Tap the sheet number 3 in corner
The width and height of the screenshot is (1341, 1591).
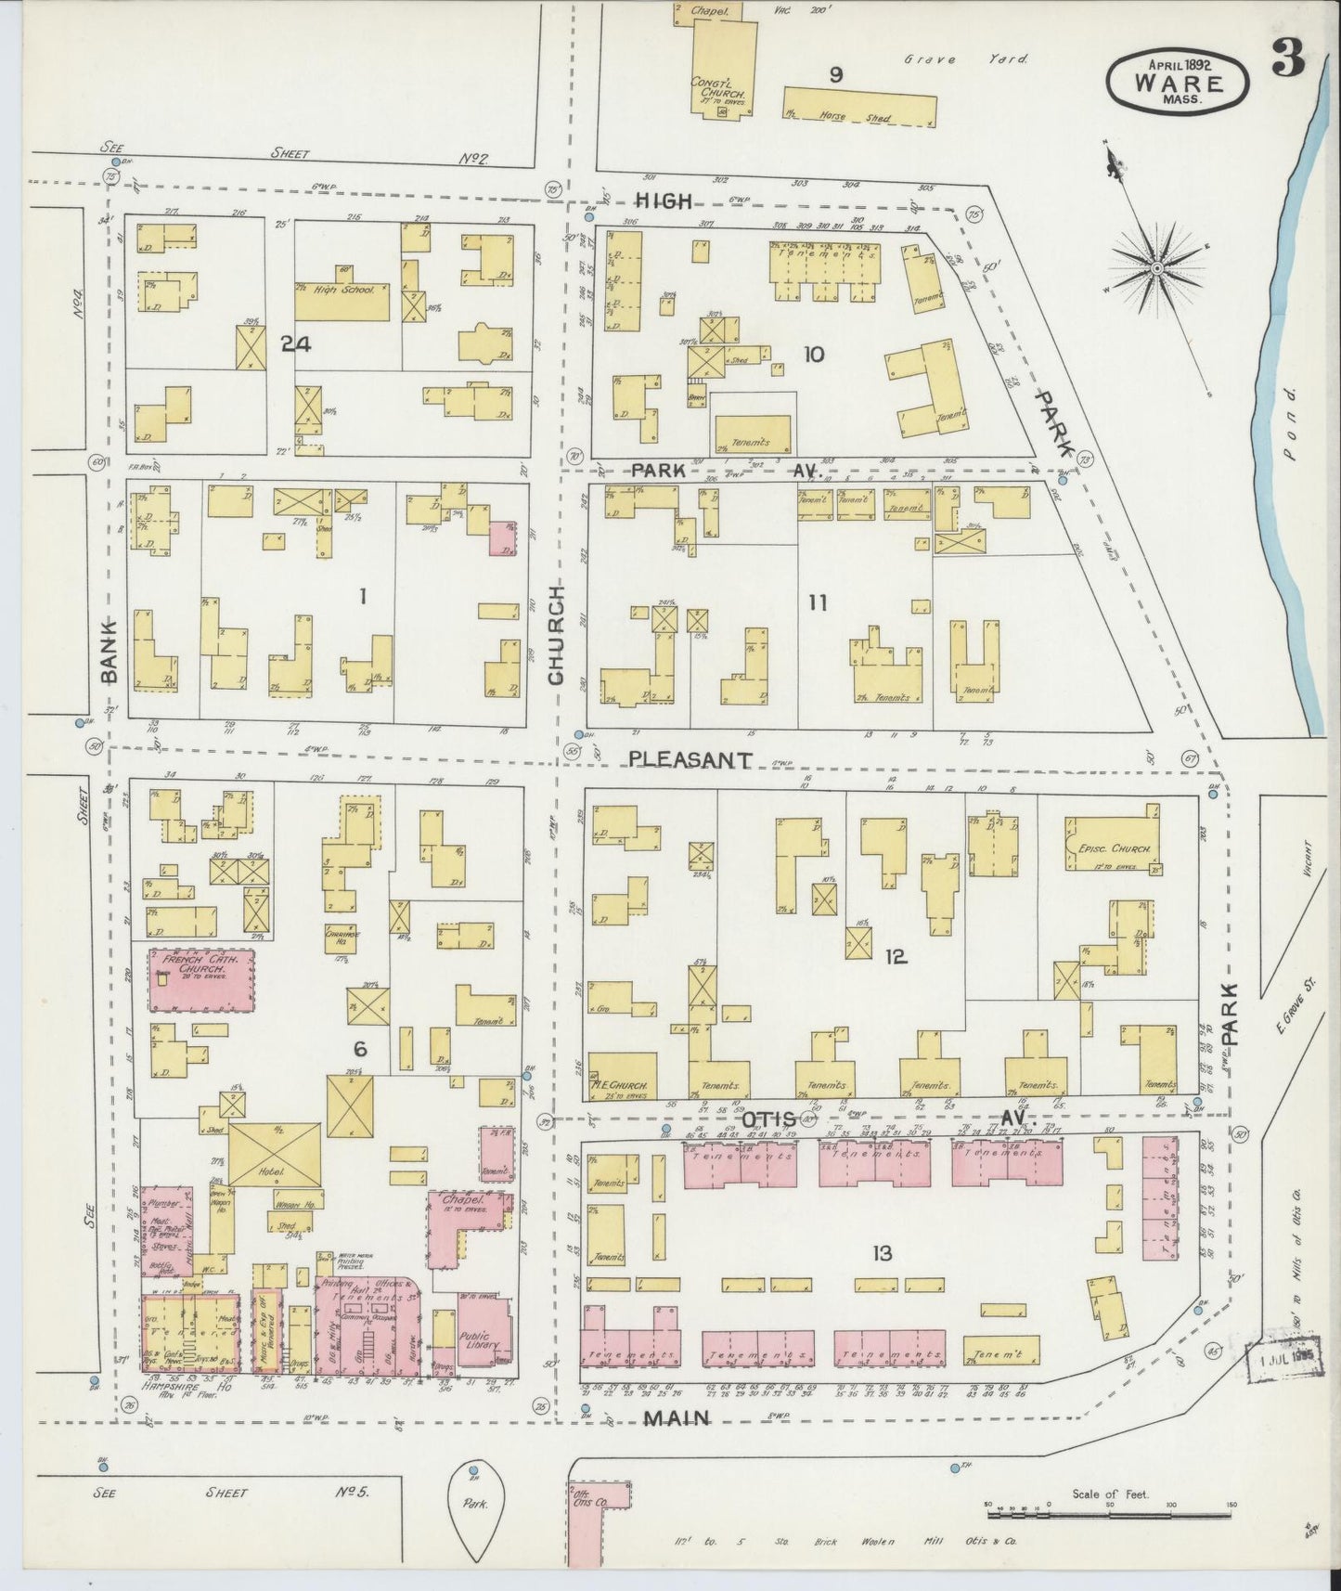(x=1290, y=61)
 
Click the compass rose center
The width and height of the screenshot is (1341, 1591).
(x=1157, y=269)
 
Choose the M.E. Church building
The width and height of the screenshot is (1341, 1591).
(x=623, y=1075)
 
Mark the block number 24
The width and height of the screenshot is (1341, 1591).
(x=296, y=344)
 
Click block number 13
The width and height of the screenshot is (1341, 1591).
(x=881, y=1254)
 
